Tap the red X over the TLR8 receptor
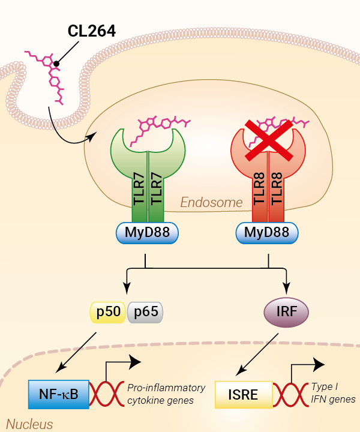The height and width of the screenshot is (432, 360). pos(268,139)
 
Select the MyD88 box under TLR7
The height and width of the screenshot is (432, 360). pos(147,233)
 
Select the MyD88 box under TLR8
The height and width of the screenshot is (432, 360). pos(268,233)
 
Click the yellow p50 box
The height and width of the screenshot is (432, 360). pos(107,312)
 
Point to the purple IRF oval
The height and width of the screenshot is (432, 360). pos(286,312)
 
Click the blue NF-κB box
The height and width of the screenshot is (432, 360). pos(58,394)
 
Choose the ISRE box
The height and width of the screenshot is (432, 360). pos(244,395)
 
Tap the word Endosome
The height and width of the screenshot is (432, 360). pos(212,203)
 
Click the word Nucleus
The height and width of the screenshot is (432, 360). pos(30,424)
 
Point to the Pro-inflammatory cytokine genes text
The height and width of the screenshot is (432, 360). pos(166,394)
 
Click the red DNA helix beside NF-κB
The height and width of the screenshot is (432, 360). pos(107,394)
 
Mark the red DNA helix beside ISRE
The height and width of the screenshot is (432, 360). pos(292,395)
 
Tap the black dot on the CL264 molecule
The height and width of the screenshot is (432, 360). pos(56,63)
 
